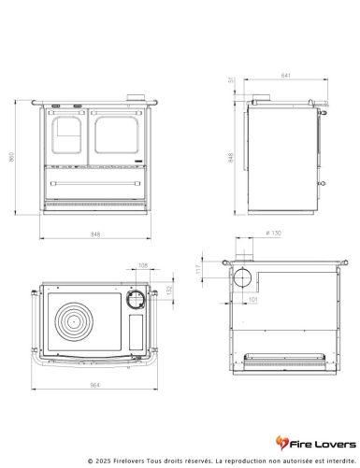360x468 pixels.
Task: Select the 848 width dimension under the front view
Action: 96,233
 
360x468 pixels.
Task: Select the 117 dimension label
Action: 214,271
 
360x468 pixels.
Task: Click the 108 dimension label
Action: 143,266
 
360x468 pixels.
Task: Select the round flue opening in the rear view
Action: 242,277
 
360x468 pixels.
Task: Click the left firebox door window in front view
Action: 68,134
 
